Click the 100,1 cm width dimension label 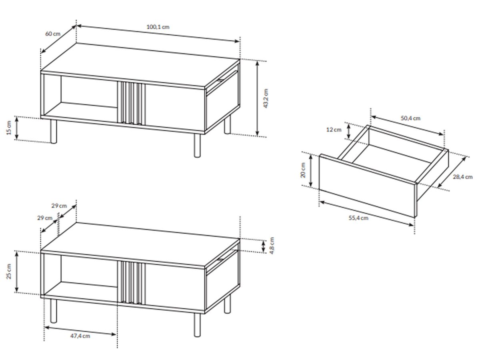[158, 27]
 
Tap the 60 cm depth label [53, 34]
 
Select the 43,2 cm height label [266, 98]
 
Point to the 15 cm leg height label [9, 128]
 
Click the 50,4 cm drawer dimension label [410, 118]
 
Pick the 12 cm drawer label [334, 130]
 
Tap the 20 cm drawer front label [303, 170]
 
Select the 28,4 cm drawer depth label [462, 177]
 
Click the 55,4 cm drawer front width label [358, 218]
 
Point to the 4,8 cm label [272, 246]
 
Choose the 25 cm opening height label [9, 272]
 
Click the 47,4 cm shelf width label [80, 336]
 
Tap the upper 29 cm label [59, 206]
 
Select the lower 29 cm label [45, 218]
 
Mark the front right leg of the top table [197, 145]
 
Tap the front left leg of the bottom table [53, 311]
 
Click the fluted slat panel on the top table [131, 103]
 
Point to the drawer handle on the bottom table [220, 260]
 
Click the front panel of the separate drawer [367, 186]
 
